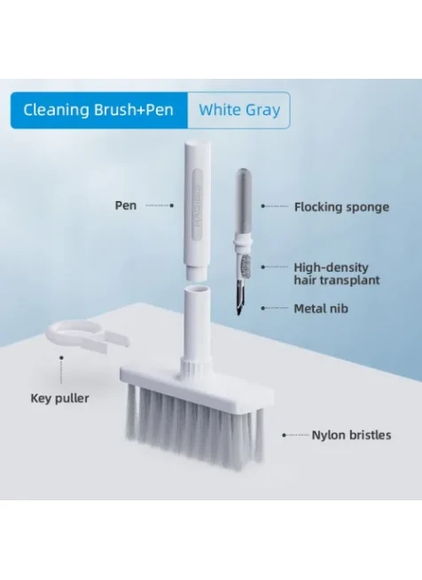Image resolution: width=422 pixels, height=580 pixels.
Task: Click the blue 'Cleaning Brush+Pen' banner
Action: (x=99, y=110)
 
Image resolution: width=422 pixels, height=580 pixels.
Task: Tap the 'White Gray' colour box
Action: (x=239, y=110)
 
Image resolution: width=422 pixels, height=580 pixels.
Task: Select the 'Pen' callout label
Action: (x=126, y=205)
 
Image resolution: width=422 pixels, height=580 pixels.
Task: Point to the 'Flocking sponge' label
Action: (x=341, y=207)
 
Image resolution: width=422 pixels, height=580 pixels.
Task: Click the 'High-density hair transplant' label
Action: (x=336, y=274)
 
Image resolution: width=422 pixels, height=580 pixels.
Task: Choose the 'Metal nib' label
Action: (x=321, y=308)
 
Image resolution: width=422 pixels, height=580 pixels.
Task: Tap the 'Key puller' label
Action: (x=59, y=398)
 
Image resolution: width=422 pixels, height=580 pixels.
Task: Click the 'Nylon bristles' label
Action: (x=351, y=435)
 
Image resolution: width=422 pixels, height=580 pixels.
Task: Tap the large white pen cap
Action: (x=198, y=211)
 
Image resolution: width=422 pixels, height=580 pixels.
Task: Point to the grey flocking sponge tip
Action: (x=244, y=203)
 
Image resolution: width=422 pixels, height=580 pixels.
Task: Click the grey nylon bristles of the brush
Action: (x=194, y=425)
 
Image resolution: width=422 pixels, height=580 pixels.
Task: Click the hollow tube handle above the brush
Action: (x=198, y=326)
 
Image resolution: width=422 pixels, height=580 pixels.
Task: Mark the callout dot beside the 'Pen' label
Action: (x=171, y=205)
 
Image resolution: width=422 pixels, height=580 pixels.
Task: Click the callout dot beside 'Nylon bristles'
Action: (x=284, y=435)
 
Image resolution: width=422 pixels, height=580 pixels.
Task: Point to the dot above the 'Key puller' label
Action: (x=61, y=358)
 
